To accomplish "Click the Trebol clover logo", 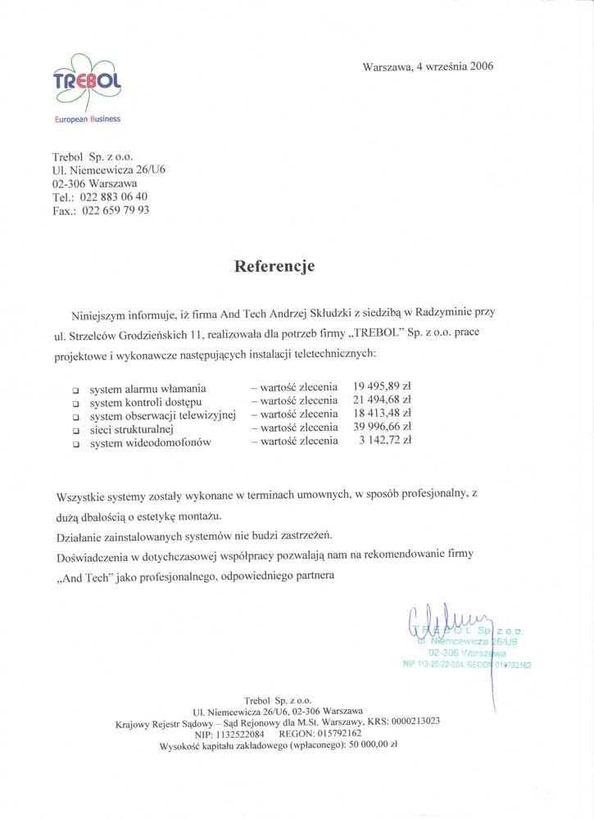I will tap(86, 82).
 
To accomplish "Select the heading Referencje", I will tap(274, 265).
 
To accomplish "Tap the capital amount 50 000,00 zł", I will tap(373, 745).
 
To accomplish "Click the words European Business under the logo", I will tap(87, 119).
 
